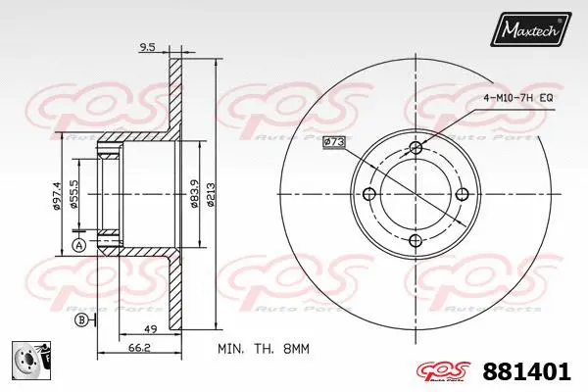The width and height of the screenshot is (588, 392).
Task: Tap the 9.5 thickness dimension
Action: point(149,45)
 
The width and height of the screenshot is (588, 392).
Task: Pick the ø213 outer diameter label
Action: point(213,193)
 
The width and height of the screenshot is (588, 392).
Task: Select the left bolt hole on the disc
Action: point(368,193)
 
